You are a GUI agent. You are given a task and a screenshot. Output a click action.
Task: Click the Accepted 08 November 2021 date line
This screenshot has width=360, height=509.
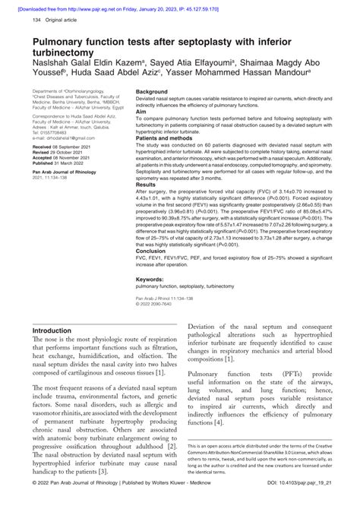(63, 157)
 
